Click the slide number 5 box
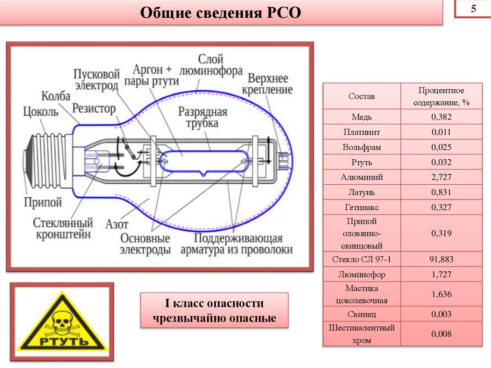point(472,10)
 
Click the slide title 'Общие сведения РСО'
point(220,13)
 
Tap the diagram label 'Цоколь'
point(41,112)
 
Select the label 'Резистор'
point(94,108)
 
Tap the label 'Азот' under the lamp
point(117,224)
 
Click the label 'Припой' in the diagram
point(43,202)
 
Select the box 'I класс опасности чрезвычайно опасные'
point(214,310)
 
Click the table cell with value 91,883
point(442,259)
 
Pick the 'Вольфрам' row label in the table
point(362,147)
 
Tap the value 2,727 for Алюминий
point(442,177)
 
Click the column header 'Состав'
point(362,96)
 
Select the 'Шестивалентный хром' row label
point(362,334)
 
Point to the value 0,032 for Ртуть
point(442,162)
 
